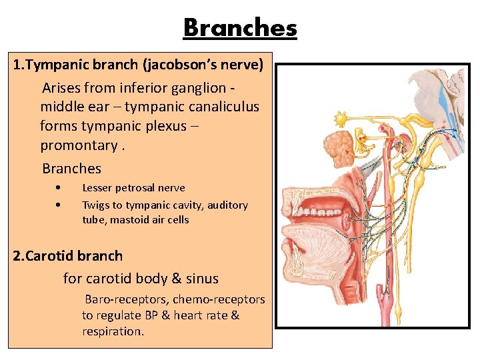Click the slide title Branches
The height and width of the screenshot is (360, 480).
(240, 28)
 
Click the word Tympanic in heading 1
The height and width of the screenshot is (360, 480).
(61, 66)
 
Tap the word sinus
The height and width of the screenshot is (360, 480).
(202, 279)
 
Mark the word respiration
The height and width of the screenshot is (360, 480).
(112, 331)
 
